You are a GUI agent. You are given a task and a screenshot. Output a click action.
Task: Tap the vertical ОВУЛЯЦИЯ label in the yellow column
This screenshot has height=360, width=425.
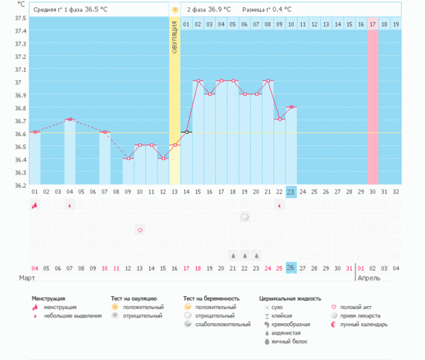pos(174,37)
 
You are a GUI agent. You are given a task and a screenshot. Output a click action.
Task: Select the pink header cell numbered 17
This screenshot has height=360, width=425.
pos(373,24)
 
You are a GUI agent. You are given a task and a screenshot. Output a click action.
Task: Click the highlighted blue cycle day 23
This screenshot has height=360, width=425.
pos(291,191)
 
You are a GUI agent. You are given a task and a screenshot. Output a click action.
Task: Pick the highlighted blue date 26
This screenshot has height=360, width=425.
pos(291,267)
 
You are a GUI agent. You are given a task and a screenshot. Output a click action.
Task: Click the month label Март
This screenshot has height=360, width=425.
pos(27,279)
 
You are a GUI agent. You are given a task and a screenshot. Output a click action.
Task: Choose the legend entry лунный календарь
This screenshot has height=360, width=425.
pos(364,324)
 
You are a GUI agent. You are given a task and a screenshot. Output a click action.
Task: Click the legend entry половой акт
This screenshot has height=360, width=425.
pos(355,307)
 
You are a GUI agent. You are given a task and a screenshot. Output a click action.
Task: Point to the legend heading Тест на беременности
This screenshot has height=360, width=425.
pos(211,298)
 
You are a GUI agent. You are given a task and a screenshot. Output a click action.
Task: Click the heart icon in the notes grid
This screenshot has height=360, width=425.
pos(140,230)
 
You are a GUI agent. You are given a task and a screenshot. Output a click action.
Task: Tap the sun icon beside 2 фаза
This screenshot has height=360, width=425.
pos(175,10)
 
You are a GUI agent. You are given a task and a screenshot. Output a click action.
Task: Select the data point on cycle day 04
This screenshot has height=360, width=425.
pos(69,120)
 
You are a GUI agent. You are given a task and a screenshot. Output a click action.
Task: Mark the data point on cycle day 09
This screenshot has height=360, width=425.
pos(127,158)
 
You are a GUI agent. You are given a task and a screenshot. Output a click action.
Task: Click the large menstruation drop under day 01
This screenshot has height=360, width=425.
pos(35,205)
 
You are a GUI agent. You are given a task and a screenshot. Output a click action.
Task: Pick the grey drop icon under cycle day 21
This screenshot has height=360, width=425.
pos(233,254)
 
